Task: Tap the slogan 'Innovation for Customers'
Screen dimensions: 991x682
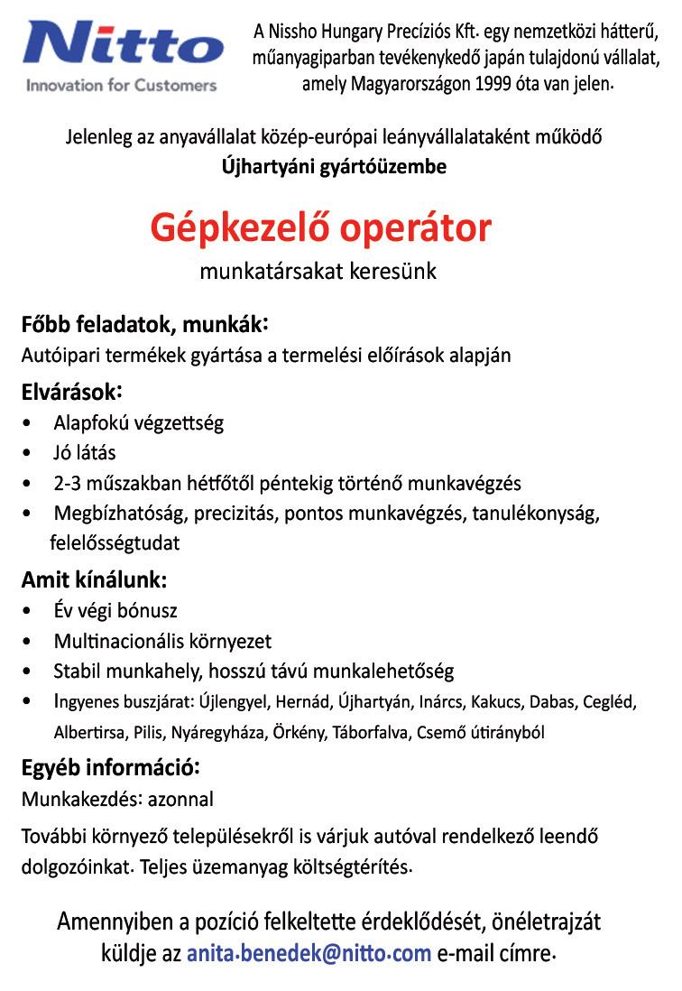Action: tap(122, 86)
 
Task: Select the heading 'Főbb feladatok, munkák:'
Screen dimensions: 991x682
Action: tap(144, 324)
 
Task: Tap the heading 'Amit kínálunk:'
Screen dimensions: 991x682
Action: tap(94, 579)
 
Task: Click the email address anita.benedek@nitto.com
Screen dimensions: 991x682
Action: tap(309, 953)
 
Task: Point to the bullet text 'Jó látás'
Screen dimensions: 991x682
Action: tap(85, 452)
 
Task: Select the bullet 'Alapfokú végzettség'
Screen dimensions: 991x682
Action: tap(138, 422)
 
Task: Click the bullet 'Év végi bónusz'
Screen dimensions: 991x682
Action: tap(115, 610)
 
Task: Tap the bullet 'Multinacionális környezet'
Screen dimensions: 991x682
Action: tap(162, 641)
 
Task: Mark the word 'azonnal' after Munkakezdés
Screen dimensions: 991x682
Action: tap(184, 799)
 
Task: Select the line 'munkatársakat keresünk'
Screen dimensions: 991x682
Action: tap(318, 271)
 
